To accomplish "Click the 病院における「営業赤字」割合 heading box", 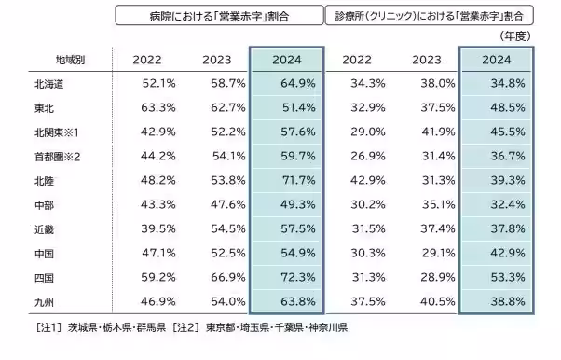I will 217,15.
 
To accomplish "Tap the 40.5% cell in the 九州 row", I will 435,301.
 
